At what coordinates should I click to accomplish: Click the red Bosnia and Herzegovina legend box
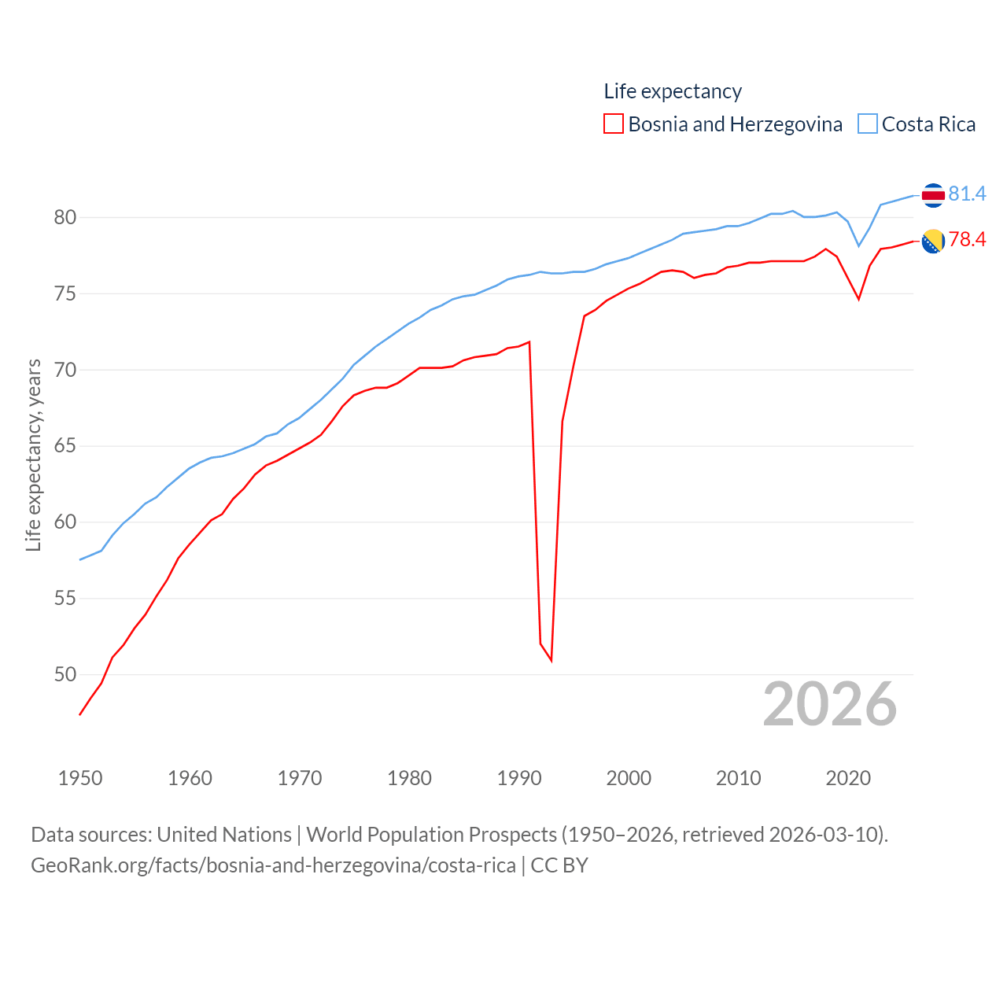pyautogui.click(x=614, y=124)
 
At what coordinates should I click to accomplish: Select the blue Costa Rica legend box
pyautogui.click(x=867, y=124)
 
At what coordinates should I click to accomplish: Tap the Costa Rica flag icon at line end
pyautogui.click(x=933, y=195)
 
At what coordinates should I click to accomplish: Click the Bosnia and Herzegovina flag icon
pyautogui.click(x=933, y=242)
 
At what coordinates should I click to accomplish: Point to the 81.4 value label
pyautogui.click(x=967, y=194)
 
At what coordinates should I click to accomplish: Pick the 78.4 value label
pyautogui.click(x=967, y=239)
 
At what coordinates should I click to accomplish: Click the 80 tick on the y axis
pyautogui.click(x=65, y=217)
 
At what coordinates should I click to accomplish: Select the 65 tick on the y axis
pyautogui.click(x=65, y=446)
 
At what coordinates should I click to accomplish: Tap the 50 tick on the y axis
pyautogui.click(x=65, y=674)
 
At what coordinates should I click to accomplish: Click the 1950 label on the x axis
pyautogui.click(x=80, y=779)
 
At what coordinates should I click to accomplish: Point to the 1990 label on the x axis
pyautogui.click(x=519, y=779)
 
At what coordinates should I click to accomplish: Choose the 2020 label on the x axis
pyautogui.click(x=848, y=779)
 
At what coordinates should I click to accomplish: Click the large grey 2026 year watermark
pyautogui.click(x=829, y=704)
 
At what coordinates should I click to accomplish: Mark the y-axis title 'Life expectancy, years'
pyautogui.click(x=34, y=455)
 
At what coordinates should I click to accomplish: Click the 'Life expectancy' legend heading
pyautogui.click(x=673, y=91)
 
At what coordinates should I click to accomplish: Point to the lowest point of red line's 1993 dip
pyautogui.click(x=551, y=660)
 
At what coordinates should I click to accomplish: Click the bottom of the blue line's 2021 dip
pyautogui.click(x=859, y=246)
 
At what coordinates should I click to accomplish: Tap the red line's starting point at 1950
pyautogui.click(x=80, y=714)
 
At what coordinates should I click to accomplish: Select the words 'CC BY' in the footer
pyautogui.click(x=559, y=865)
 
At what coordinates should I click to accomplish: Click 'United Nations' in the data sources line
pyautogui.click(x=224, y=835)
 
